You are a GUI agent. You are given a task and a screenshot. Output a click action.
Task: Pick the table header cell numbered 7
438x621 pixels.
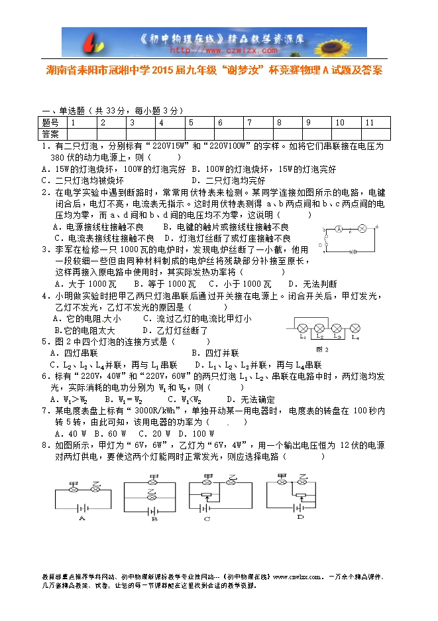[x=249, y=123]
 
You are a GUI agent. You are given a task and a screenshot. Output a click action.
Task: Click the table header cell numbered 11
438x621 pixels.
[x=370, y=123]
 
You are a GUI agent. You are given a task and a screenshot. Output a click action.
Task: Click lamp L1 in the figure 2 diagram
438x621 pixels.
[x=302, y=328]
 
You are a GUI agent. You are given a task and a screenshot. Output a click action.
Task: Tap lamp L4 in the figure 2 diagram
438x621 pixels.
[x=355, y=328]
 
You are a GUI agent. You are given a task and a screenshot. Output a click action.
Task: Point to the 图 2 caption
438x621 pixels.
[x=323, y=349]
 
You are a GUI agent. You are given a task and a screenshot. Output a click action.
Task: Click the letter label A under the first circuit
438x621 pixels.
[x=82, y=518]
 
